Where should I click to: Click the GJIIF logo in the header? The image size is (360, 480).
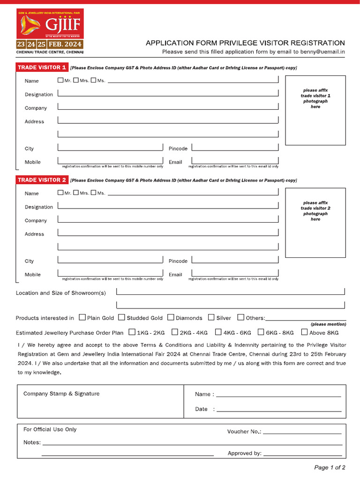tap(50, 24)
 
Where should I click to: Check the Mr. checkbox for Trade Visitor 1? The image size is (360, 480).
tap(60, 80)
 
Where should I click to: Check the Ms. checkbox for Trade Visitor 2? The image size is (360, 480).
tap(93, 193)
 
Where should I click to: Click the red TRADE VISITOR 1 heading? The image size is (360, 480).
tap(42, 67)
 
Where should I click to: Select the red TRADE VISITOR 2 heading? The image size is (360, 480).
tap(42, 180)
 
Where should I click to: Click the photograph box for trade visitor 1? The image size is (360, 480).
tap(315, 110)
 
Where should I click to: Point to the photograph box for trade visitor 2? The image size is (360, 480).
tap(315, 223)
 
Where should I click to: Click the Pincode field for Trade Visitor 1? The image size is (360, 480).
tap(235, 147)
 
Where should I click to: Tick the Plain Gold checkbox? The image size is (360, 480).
tap(82, 317)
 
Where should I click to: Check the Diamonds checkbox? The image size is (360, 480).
tap(171, 317)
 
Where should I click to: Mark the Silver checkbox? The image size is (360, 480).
tap(211, 317)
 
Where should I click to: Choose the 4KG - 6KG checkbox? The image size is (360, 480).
tap(218, 332)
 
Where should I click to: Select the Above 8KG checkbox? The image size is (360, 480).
tap(305, 332)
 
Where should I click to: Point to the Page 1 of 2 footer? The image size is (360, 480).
tap(330, 467)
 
